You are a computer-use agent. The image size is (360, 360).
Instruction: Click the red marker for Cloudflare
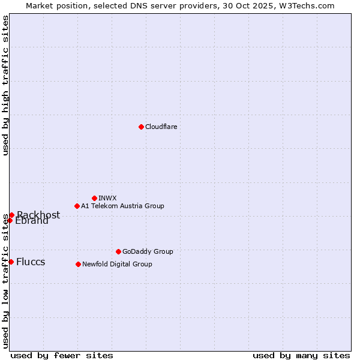pos(141,127)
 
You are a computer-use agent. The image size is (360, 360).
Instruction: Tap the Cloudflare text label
pos(161,127)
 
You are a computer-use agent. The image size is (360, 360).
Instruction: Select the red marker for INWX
pos(94,198)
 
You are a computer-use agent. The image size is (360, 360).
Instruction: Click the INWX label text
pos(108,198)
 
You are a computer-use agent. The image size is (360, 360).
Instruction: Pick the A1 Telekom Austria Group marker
pos(77,206)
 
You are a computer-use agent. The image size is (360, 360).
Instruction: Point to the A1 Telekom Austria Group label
pos(122,206)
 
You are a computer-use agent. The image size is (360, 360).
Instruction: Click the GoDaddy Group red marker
pos(118,251)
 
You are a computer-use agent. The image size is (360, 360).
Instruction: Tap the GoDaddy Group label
pos(148,251)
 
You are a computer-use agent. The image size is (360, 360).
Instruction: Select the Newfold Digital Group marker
pos(78,264)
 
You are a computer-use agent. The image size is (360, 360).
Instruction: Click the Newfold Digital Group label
pos(117,264)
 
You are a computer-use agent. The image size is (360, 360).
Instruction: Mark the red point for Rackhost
pos(11,215)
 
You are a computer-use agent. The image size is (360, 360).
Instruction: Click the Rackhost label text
pos(38,215)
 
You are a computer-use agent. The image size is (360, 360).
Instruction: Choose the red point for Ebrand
pos(10,220)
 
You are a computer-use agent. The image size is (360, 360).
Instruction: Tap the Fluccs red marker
pos(11,262)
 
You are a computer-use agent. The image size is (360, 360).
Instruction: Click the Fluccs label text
pos(31,262)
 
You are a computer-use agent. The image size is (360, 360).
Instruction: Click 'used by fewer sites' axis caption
pos(62,355)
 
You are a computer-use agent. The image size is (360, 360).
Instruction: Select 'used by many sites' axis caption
pos(301,355)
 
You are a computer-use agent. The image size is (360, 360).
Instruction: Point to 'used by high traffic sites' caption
pos(5,85)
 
